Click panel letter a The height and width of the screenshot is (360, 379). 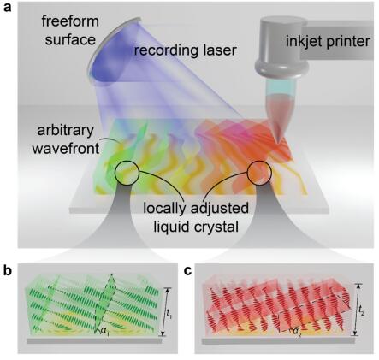[7, 7]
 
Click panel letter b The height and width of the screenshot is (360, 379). [7, 270]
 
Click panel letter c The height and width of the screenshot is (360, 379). [187, 271]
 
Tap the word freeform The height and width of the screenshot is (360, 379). [70, 21]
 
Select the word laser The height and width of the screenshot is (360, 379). [218, 50]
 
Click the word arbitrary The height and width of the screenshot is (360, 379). [65, 131]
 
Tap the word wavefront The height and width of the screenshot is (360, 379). [66, 148]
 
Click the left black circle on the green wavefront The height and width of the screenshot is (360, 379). [127, 173]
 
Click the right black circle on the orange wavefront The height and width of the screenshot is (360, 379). [259, 173]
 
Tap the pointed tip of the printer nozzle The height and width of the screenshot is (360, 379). [278, 142]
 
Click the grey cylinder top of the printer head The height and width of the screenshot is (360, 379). [282, 23]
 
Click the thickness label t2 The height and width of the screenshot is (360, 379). [361, 310]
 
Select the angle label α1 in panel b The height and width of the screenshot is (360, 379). [105, 331]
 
